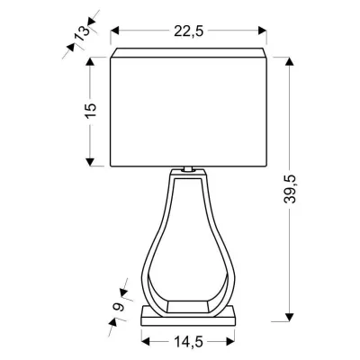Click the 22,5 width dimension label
click(x=188, y=31)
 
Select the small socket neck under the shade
click(x=188, y=169)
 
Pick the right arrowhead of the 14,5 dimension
click(x=232, y=340)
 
